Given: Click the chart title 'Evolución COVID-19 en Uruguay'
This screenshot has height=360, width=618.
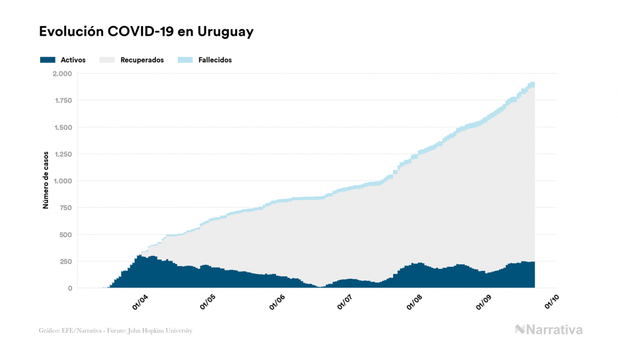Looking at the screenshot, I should click(146, 32).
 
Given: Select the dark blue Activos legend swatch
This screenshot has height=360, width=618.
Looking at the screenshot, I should click(48, 60).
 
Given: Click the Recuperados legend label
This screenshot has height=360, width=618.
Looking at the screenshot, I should click(142, 60).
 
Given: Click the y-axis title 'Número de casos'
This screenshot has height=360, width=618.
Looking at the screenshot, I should click(46, 181).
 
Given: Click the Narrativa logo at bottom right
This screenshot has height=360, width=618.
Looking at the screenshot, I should click(549, 330).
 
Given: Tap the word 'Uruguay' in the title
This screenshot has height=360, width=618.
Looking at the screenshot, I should click(225, 32).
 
